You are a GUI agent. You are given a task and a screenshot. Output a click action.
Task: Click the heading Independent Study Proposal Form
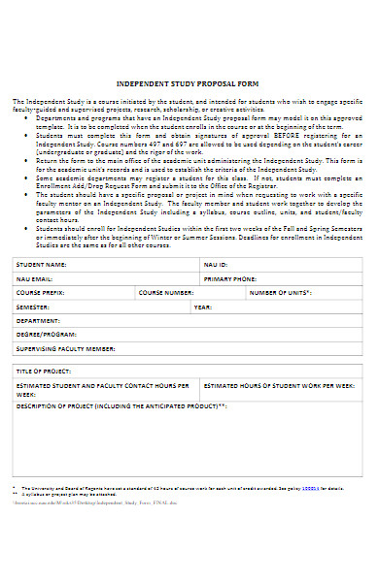(189, 82)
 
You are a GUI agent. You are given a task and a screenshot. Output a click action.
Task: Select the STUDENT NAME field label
(42, 264)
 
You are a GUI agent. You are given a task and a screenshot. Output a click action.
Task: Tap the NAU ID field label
(215, 264)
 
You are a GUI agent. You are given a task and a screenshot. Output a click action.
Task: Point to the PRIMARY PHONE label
(230, 278)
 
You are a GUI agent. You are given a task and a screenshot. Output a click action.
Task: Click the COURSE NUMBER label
(166, 292)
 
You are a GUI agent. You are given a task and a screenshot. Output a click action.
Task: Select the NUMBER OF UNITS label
(281, 292)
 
